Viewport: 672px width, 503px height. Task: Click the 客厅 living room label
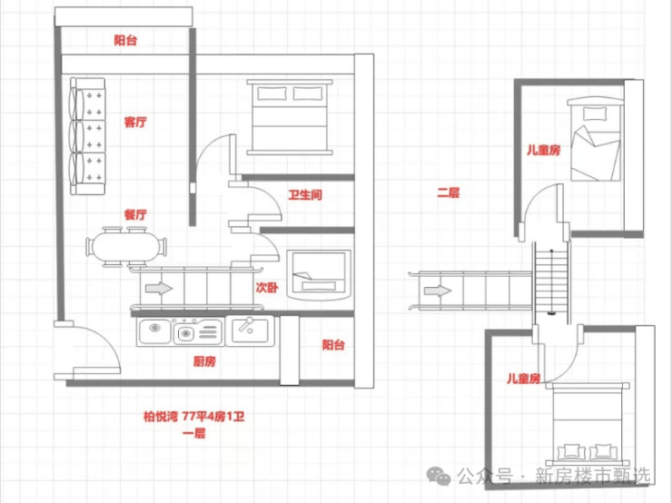pos(135,122)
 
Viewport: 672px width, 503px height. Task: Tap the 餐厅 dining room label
pos(135,214)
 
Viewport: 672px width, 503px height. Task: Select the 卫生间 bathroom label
pos(305,195)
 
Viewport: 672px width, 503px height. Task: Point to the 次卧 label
pos(267,287)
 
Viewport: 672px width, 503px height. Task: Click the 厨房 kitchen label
pos(204,361)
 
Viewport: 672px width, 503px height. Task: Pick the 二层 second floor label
pos(449,192)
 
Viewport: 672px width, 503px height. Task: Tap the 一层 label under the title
pos(194,433)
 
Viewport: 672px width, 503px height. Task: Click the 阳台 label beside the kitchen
pos(333,345)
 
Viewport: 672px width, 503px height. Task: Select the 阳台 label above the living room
pos(125,40)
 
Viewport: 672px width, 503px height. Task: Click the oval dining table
pos(126,247)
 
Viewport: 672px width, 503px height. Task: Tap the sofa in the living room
pos(88,136)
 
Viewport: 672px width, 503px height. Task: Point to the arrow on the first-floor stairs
pos(159,289)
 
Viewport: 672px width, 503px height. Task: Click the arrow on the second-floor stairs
pos(438,291)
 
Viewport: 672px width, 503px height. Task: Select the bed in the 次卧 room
pos(319,274)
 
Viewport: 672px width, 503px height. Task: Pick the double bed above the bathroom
pos(290,117)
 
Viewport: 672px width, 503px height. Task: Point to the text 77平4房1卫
pos(213,417)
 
